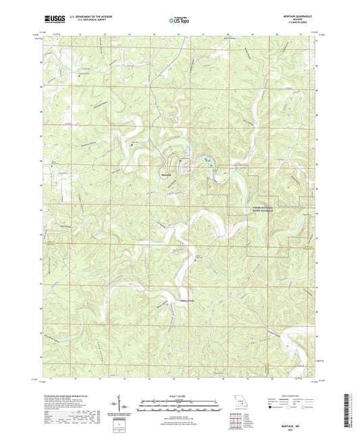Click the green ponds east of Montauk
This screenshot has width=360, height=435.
click(208, 160)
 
